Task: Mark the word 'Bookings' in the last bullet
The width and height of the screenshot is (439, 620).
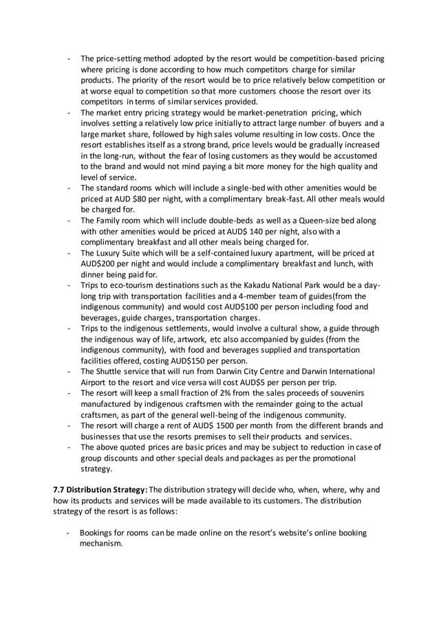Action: tap(100, 533)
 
